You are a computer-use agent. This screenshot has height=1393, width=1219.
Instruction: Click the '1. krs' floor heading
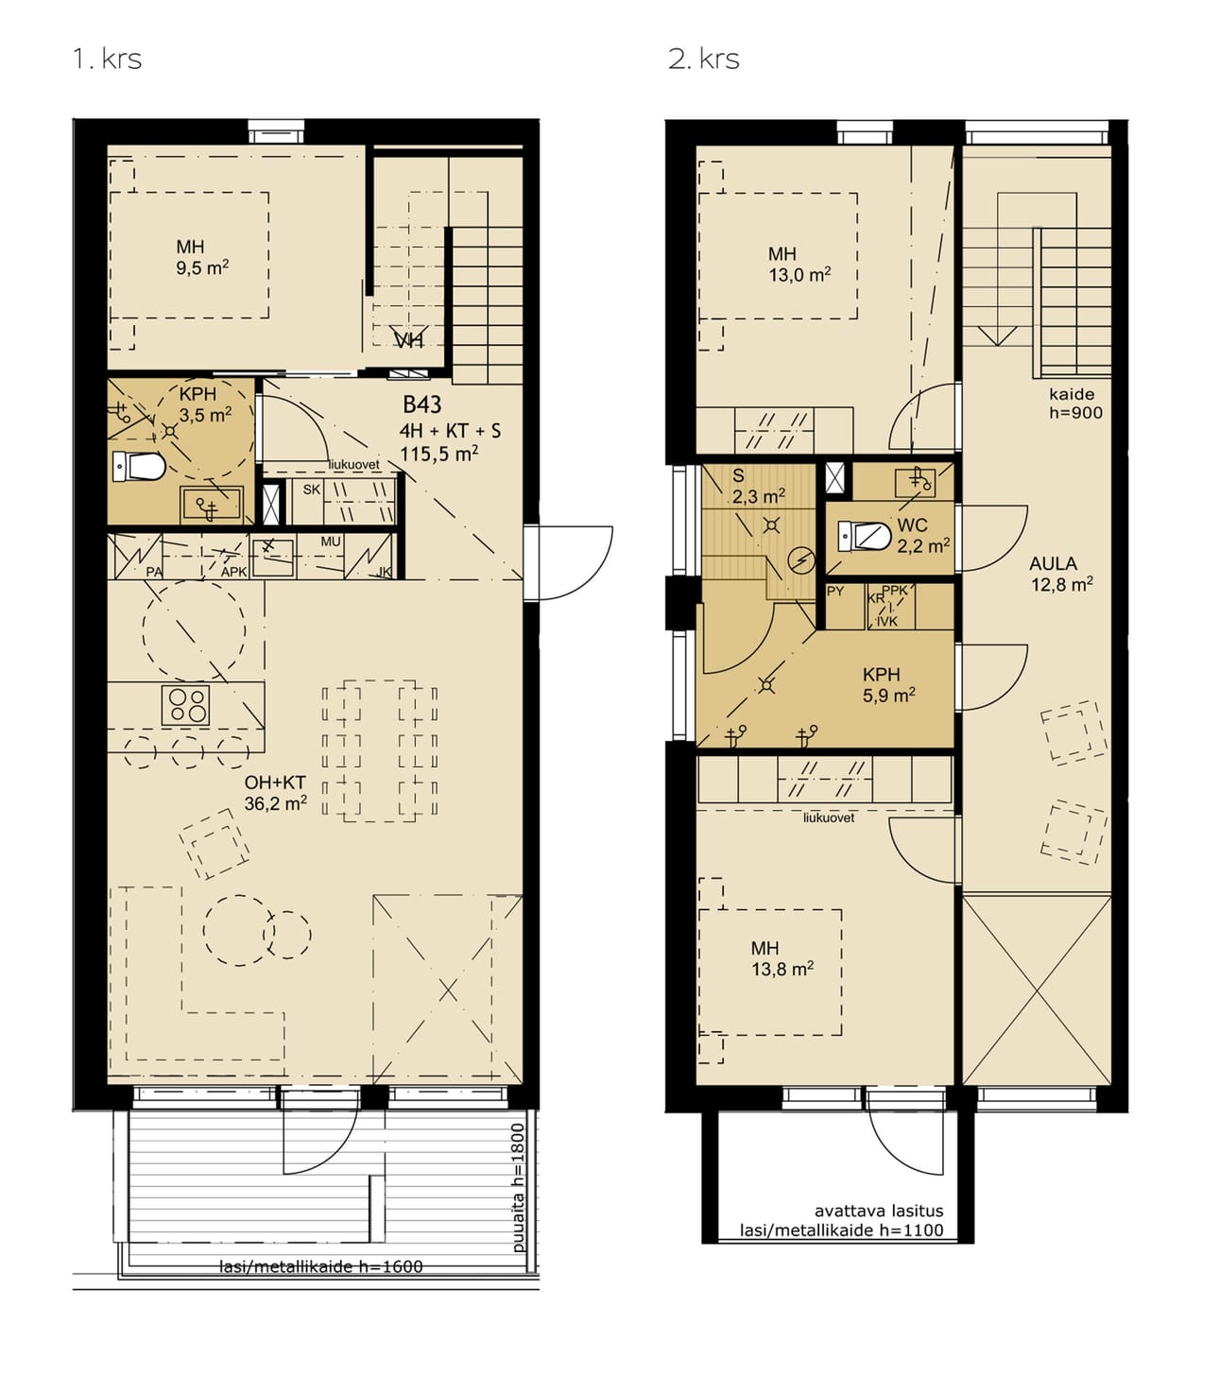[107, 60]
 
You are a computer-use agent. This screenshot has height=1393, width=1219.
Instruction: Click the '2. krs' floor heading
[703, 60]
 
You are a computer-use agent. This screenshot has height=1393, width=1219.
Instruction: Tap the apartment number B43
[422, 404]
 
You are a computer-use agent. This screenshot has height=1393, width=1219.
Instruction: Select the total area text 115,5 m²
[439, 454]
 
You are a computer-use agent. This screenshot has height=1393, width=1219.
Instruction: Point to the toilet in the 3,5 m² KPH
[140, 467]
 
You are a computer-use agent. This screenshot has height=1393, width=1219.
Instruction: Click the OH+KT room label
[275, 793]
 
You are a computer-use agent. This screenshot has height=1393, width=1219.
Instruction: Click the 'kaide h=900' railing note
[1075, 403]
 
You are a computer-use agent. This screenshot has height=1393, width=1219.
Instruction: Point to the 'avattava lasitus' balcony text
[879, 1211]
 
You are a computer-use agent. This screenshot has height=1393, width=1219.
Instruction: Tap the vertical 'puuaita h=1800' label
[520, 1187]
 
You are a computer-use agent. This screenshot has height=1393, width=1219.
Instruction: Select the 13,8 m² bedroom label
[782, 958]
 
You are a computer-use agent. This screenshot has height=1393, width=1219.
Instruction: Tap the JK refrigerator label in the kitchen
[385, 572]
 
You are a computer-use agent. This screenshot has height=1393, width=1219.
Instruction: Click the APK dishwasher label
[234, 572]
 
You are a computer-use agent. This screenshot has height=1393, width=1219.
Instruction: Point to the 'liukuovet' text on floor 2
[829, 817]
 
